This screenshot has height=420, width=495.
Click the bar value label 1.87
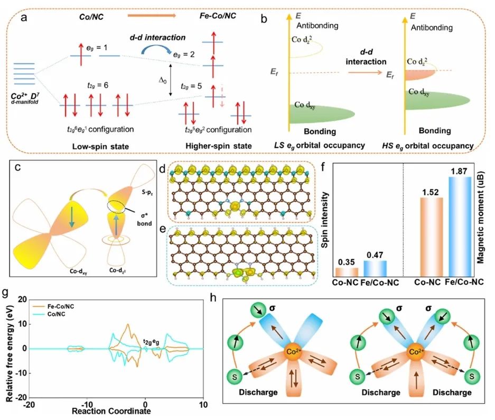tap(460, 172)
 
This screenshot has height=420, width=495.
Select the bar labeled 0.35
tap(347, 272)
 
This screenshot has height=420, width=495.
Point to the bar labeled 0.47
tap(376, 269)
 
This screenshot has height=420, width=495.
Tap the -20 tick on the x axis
tap(30, 404)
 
